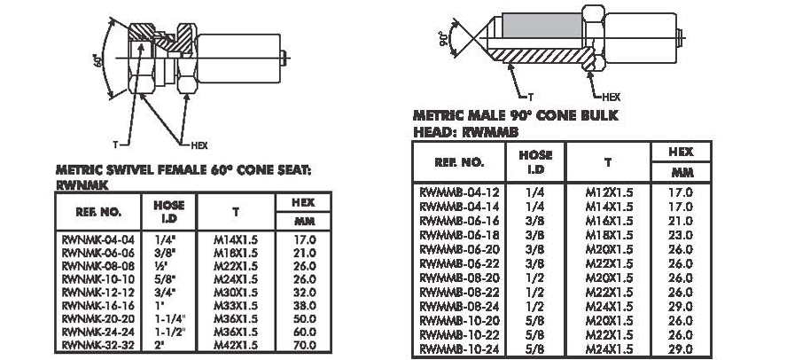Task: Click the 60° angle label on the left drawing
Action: pyautogui.click(x=98, y=60)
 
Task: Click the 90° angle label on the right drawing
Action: pyautogui.click(x=443, y=38)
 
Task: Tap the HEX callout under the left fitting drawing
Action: pyautogui.click(x=199, y=145)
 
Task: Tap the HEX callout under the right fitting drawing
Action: pyautogui.click(x=612, y=97)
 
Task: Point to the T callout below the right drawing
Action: pyautogui.click(x=530, y=97)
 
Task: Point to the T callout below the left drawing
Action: pyautogui.click(x=115, y=145)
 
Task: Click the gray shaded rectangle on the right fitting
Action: pyautogui.click(x=542, y=26)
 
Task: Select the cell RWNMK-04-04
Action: pyautogui.click(x=97, y=239)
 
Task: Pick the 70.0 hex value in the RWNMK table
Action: pyautogui.click(x=304, y=345)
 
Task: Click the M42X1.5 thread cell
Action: pyautogui.click(x=236, y=345)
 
